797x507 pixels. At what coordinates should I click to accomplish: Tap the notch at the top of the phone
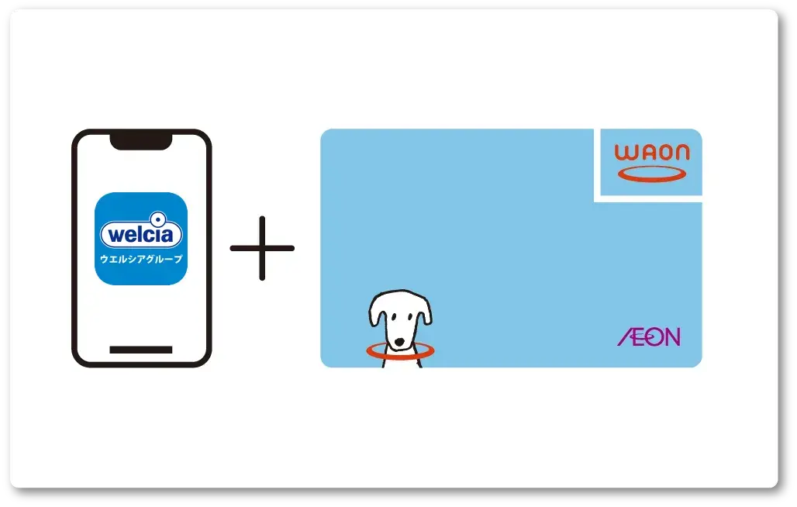coord(140,141)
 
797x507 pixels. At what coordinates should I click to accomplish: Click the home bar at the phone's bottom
coord(140,350)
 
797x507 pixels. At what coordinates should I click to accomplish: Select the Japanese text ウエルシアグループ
coord(141,258)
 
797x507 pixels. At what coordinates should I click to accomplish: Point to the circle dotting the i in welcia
coord(158,219)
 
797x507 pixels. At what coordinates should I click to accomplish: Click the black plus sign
coord(262,249)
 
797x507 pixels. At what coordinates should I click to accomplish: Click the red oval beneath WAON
coord(652,174)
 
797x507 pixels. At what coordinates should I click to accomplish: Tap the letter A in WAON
coord(643,153)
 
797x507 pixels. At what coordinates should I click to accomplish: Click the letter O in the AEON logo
coord(657,336)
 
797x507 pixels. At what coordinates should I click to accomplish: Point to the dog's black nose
coord(400,341)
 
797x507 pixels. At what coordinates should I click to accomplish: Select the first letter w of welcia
coord(113,235)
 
